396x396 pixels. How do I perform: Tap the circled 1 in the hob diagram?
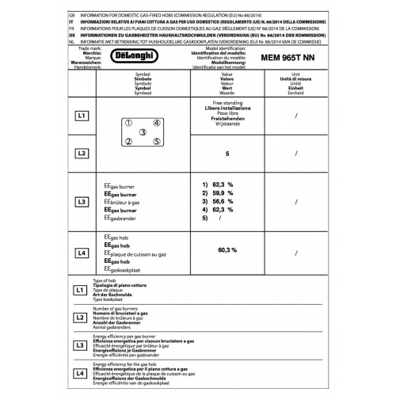(128, 123)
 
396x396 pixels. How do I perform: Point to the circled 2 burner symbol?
(128, 143)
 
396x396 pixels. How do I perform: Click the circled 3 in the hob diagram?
(143, 133)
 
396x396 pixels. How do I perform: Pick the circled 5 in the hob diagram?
(158, 143)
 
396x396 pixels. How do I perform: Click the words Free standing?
(205, 105)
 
